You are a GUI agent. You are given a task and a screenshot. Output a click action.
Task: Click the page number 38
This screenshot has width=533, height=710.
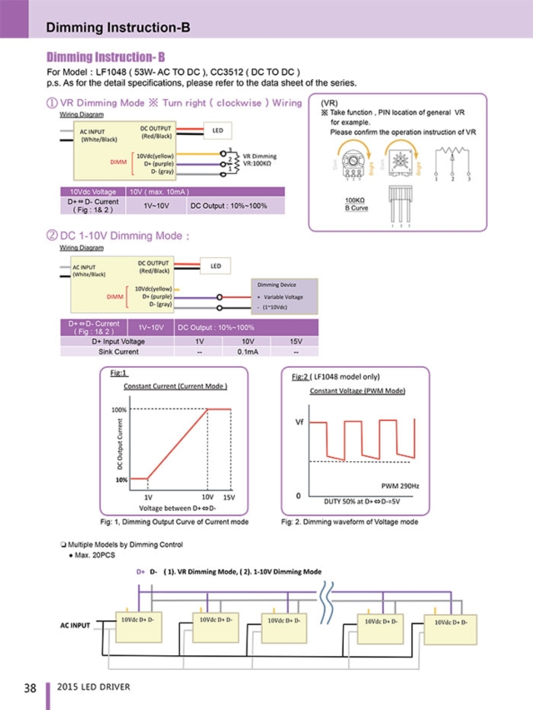tap(29, 688)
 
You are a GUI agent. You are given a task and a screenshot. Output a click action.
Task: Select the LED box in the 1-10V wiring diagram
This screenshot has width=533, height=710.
tap(215, 266)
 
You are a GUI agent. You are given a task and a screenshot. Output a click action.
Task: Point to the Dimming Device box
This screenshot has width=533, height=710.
tap(283, 296)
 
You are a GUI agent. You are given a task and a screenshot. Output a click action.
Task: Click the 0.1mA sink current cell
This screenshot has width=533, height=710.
tap(247, 352)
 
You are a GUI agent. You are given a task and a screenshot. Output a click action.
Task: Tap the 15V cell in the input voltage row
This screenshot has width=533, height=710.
tap(296, 341)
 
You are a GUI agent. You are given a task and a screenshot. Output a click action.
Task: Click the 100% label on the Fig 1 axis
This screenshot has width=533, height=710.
tap(119, 410)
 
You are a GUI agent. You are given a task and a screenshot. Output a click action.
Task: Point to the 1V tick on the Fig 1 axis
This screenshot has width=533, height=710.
tap(147, 495)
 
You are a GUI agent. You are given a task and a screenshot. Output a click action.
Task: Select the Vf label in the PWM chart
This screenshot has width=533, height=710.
tap(298, 422)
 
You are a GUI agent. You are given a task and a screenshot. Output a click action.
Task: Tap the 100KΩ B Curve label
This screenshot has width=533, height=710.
tap(356, 204)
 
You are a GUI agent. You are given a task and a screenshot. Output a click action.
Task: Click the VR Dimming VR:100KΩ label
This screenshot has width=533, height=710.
tap(260, 160)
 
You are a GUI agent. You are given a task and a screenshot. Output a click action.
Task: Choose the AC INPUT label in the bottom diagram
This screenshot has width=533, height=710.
tap(76, 624)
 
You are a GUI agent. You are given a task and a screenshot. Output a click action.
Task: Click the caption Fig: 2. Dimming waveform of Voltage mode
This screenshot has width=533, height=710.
tap(350, 522)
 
